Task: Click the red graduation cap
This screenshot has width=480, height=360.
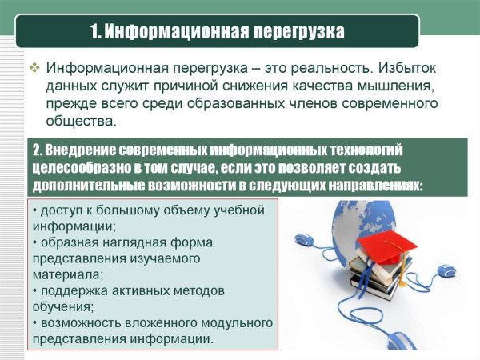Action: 382,241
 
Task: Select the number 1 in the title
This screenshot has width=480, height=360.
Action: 94,33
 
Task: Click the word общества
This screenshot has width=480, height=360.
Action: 81,122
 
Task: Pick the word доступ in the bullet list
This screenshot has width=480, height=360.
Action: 62,210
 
